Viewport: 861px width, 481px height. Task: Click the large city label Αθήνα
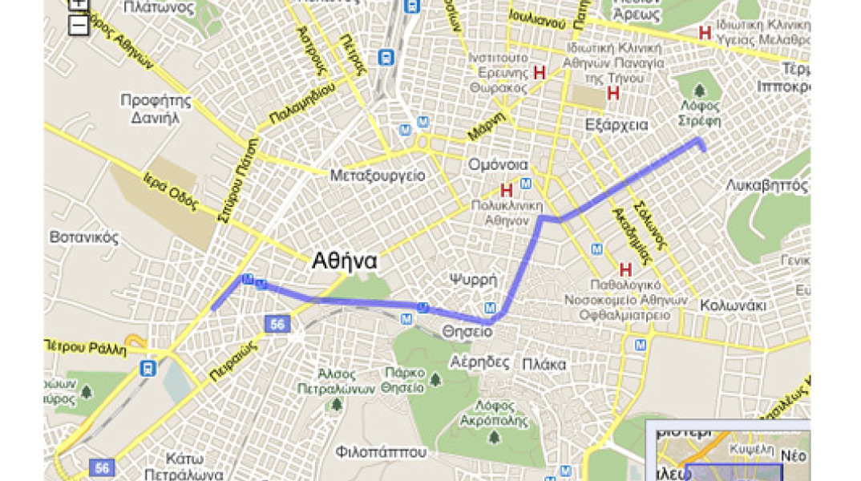(345, 261)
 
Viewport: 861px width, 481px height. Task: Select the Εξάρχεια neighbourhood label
(616, 125)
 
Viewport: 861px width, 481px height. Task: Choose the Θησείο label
(466, 331)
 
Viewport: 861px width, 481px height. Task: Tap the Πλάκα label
(544, 364)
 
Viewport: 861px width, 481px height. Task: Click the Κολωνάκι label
(733, 305)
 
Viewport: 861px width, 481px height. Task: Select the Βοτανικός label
(84, 237)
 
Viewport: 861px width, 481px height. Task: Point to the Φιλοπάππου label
(382, 451)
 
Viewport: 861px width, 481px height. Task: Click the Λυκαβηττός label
(766, 184)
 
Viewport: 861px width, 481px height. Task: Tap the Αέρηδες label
(480, 362)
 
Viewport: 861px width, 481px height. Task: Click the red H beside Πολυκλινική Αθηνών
(507, 191)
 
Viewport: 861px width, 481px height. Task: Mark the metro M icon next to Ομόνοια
(526, 184)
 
